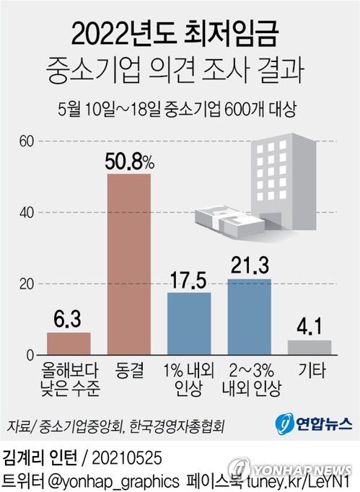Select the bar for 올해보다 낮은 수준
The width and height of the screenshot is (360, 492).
pyautogui.click(x=69, y=343)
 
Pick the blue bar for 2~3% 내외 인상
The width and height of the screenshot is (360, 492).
pyautogui.click(x=249, y=317)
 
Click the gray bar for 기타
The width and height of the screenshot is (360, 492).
pyautogui.click(x=309, y=347)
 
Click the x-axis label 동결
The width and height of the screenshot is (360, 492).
pyautogui.click(x=129, y=371)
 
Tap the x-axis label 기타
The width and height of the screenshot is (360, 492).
pyautogui.click(x=309, y=371)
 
